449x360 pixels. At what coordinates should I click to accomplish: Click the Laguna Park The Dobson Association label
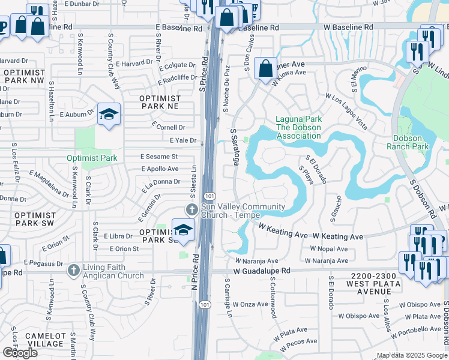click(298, 127)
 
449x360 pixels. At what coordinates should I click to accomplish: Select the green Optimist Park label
click(92, 158)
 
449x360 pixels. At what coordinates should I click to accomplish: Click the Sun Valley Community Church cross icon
click(191, 210)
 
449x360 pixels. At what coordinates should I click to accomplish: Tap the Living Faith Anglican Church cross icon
click(74, 271)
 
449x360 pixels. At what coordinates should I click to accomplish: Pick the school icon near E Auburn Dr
click(109, 115)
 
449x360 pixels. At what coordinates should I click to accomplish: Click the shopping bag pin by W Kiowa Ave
click(265, 68)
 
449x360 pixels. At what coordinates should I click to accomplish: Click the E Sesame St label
click(158, 156)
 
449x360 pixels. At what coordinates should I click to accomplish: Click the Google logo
click(20, 353)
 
